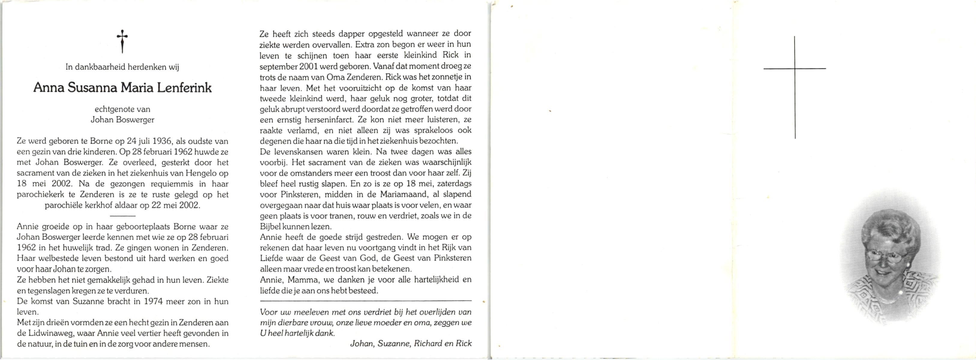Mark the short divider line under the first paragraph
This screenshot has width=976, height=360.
click(122, 216)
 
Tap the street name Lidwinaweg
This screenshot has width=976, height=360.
click(49, 334)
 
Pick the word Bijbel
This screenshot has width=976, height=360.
click(270, 226)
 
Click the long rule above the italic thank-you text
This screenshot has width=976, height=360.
click(366, 301)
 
